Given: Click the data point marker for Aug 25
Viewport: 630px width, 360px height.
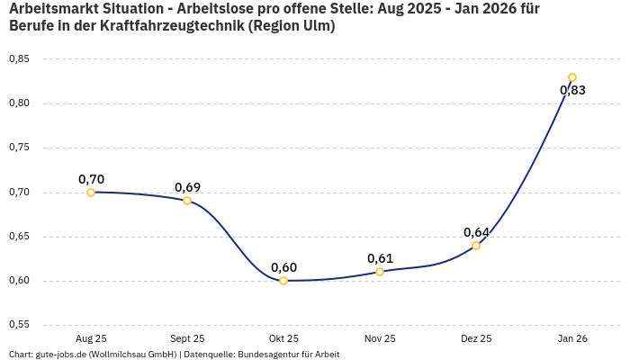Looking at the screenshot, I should coord(91,192).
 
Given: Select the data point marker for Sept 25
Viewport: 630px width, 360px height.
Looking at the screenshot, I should coord(187,201).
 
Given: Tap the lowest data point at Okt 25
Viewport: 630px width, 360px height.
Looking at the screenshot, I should coord(283,281).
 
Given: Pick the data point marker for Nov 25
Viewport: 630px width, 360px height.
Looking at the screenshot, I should coord(380,272).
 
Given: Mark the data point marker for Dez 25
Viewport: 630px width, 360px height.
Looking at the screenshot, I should coord(476,246).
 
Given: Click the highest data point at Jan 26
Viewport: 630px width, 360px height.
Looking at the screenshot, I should coord(572,77).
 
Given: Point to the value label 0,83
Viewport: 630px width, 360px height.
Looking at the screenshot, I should coord(572,90).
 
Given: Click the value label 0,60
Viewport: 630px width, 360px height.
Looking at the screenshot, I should coord(283,267).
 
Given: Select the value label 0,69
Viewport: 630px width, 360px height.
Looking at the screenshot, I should coord(187,187).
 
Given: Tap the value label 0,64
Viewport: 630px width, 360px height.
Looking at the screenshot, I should coord(476,232).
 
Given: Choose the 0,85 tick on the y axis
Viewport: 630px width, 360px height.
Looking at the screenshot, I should coord(19,58).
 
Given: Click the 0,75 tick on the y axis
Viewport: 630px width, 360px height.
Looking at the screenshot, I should coord(19,148).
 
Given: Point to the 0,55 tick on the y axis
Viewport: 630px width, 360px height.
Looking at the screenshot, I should coord(19,324).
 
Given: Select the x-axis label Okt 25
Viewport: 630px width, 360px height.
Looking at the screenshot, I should coord(283,338).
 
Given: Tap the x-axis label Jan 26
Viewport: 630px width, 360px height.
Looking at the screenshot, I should coord(572,338).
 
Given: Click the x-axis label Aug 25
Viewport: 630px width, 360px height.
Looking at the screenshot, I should coord(91,338).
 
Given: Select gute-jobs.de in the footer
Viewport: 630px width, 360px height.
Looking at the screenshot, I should coord(59,355).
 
